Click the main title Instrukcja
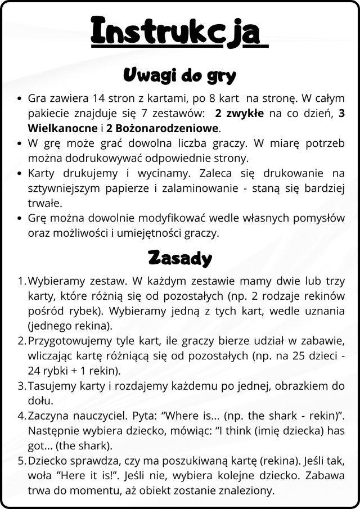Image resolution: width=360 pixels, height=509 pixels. (179, 30)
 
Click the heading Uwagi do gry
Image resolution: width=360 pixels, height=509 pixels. (179, 75)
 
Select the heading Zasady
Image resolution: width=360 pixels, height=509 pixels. (179, 258)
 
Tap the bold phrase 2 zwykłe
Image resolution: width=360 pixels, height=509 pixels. (240, 112)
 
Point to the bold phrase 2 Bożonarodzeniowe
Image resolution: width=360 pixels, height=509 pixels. (163, 128)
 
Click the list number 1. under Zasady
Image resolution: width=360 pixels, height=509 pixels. (22, 280)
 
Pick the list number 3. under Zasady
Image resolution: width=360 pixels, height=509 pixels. (22, 386)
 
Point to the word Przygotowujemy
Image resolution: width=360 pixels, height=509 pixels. (65, 341)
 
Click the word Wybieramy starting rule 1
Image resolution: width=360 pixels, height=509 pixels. (53, 280)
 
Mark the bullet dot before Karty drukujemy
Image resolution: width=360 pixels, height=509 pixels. (20, 173)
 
